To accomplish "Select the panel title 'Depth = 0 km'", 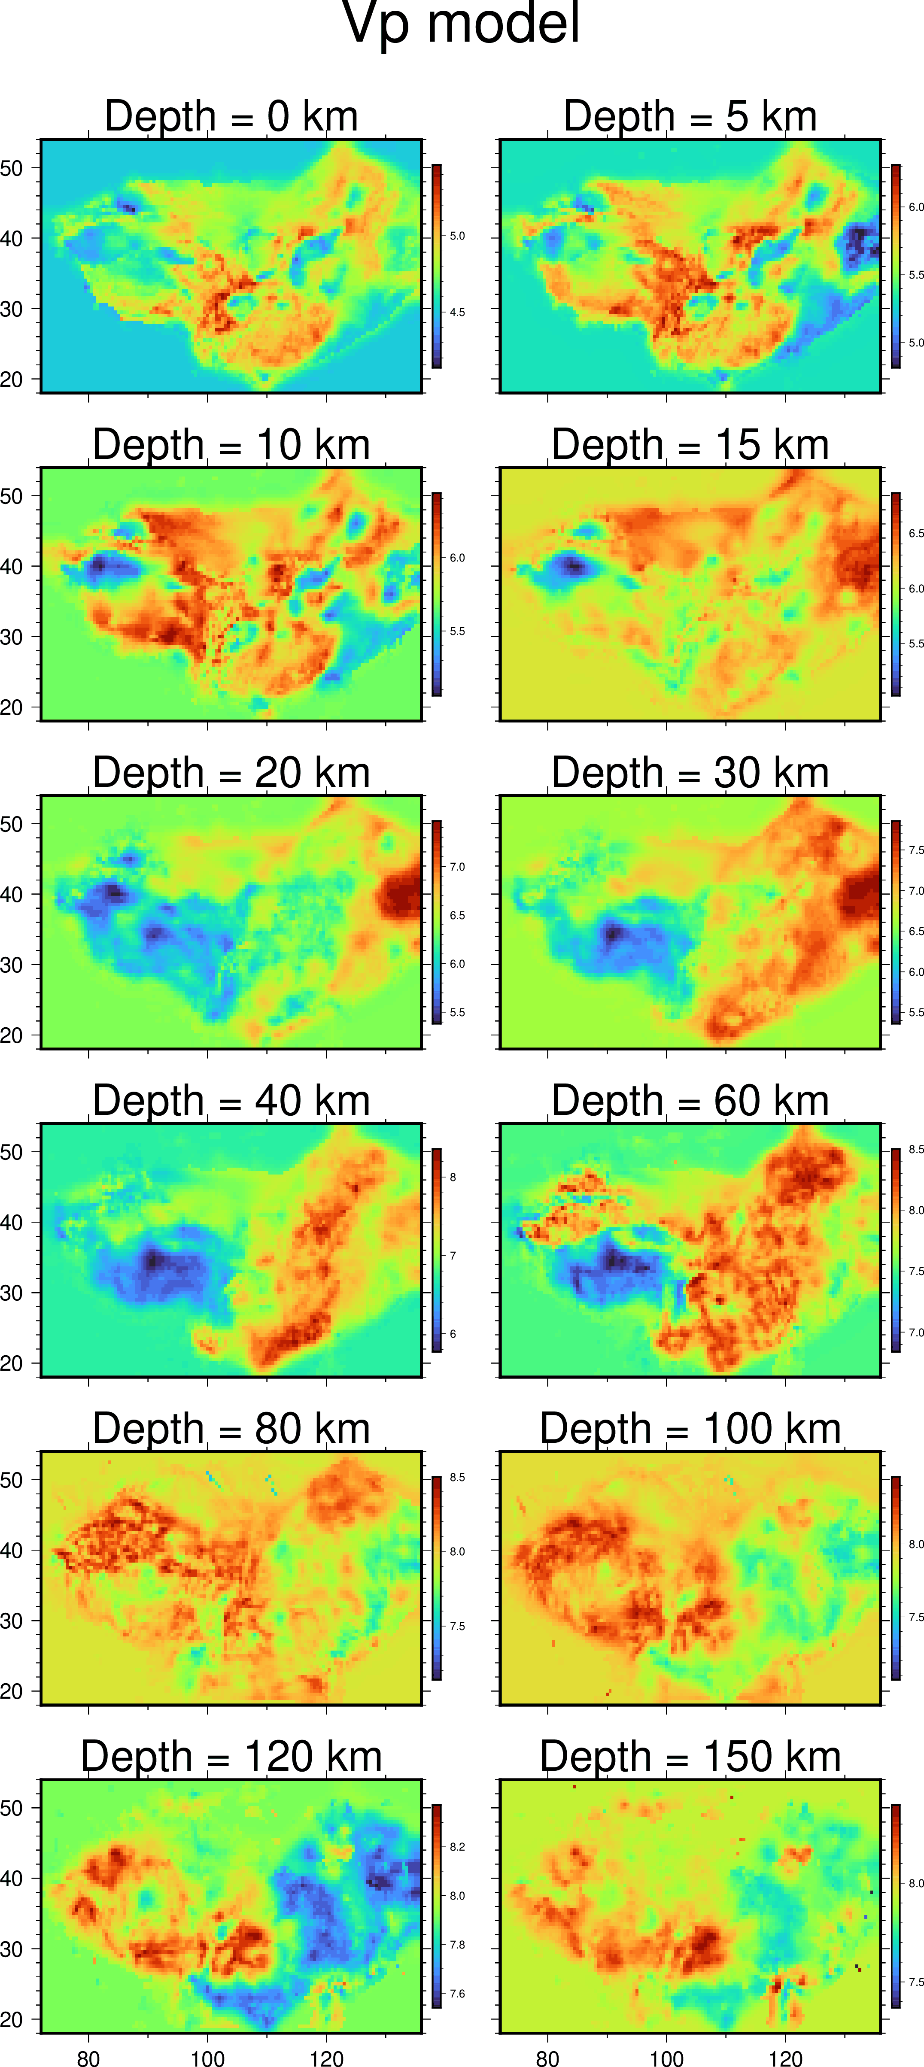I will coord(231,116).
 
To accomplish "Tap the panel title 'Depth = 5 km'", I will coord(690,116).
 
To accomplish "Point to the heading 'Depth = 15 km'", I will coord(690,445).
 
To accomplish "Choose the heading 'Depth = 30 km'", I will coord(690,773).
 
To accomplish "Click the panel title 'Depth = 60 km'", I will coord(690,1101).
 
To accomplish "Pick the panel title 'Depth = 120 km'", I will coord(231,1757).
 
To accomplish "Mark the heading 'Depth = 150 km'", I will coord(690,1757).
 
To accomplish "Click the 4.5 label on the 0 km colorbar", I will coord(457,312).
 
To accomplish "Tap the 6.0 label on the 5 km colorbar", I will coord(916,207).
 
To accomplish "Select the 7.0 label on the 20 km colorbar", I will coord(457,867).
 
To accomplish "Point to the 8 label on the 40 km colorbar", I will coord(453,1177).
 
